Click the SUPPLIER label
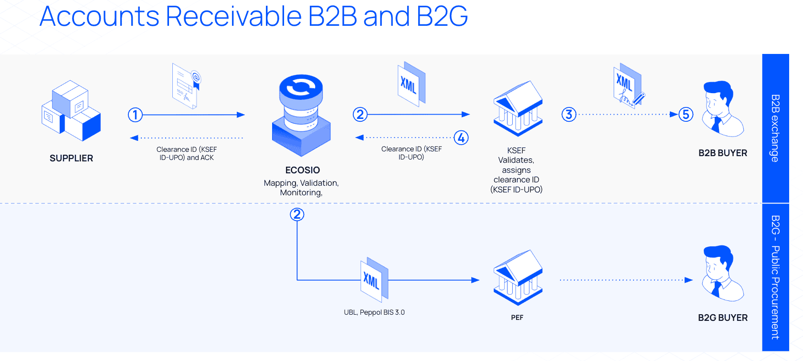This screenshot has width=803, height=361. [x=71, y=158]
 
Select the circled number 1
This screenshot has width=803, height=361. [x=135, y=115]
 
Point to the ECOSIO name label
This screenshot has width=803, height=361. [x=302, y=170]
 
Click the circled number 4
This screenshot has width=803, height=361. [x=461, y=138]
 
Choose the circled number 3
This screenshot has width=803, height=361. [x=569, y=115]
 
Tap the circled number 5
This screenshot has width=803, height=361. [x=686, y=115]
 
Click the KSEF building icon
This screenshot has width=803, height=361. [x=518, y=108]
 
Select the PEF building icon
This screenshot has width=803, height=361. [x=518, y=277]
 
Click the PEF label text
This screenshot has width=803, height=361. [x=517, y=318]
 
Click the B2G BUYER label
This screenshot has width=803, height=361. [x=722, y=318]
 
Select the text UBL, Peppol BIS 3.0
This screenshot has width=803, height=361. [x=374, y=312]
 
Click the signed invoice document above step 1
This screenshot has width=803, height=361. [x=186, y=86]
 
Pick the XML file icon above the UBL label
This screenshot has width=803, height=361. [x=374, y=280]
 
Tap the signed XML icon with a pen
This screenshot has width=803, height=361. [x=628, y=86]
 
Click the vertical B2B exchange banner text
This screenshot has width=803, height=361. [x=775, y=128]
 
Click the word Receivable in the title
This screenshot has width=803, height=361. [x=233, y=16]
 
